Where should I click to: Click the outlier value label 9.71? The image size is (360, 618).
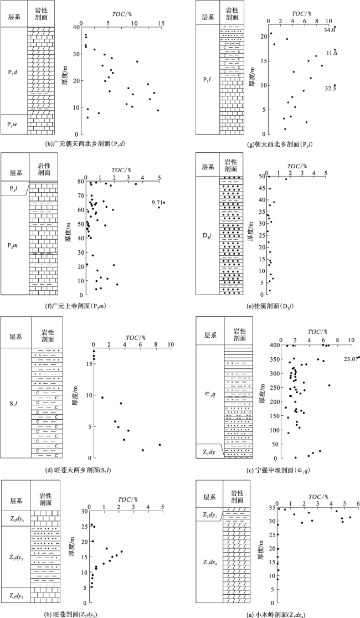pyautogui.click(x=157, y=203)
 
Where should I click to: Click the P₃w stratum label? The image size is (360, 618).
pyautogui.click(x=14, y=123)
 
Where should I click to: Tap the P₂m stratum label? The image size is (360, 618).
pyautogui.click(x=14, y=245)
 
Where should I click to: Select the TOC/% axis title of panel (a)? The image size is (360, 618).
pyautogui.click(x=318, y=496)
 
